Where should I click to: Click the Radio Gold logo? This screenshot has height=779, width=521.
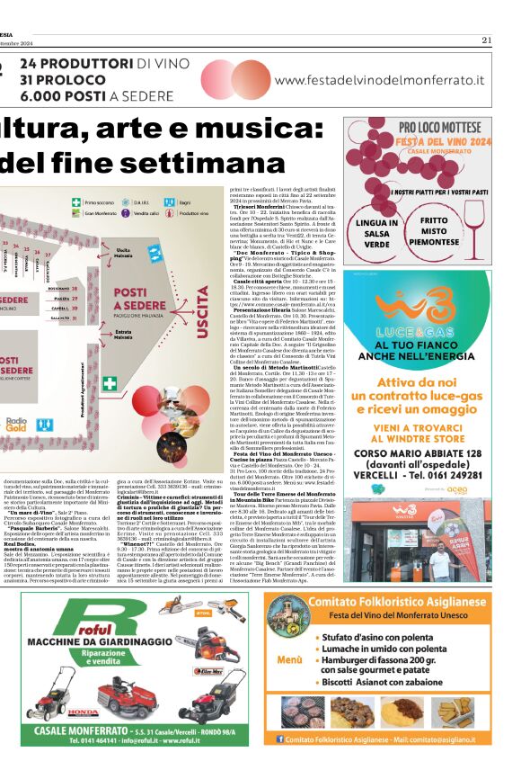16,448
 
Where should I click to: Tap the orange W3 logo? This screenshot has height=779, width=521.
419,307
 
